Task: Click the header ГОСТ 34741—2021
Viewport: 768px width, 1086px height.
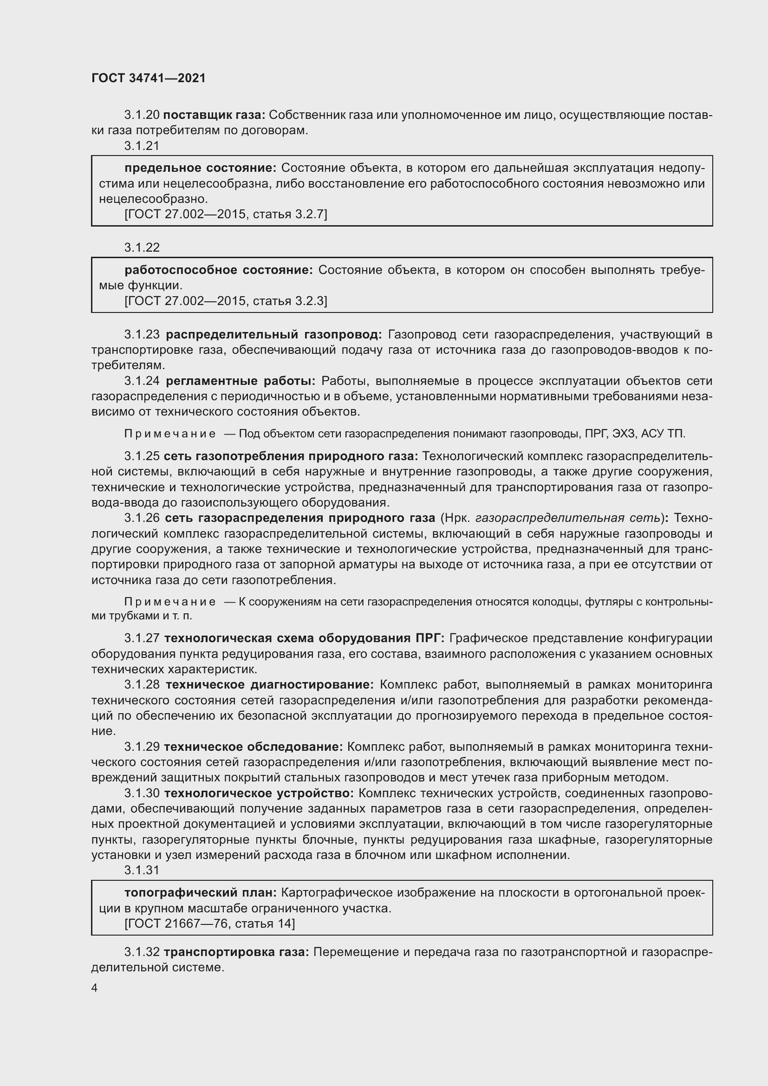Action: [x=149, y=78]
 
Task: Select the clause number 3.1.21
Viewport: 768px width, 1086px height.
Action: [x=142, y=146]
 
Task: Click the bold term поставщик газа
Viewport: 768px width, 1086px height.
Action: [x=214, y=115]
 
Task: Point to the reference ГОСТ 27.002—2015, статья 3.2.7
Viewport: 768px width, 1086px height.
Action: [x=226, y=214]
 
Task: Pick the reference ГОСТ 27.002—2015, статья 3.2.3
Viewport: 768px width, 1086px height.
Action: [x=226, y=301]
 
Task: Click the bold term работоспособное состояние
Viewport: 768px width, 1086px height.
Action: [x=219, y=270]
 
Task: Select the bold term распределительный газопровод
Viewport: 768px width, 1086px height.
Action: [x=274, y=334]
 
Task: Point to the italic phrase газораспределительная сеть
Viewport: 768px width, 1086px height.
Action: [x=567, y=518]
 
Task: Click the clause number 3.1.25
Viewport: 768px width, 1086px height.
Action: [x=142, y=456]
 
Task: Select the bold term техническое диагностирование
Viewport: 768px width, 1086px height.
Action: [x=270, y=684]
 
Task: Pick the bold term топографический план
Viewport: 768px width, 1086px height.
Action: [x=201, y=892]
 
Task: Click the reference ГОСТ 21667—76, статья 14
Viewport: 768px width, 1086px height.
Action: [x=209, y=923]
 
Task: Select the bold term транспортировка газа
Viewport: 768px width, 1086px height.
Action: [x=236, y=952]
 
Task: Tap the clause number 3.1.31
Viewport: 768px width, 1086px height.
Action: [x=142, y=870]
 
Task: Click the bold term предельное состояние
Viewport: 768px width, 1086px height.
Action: [x=201, y=168]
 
